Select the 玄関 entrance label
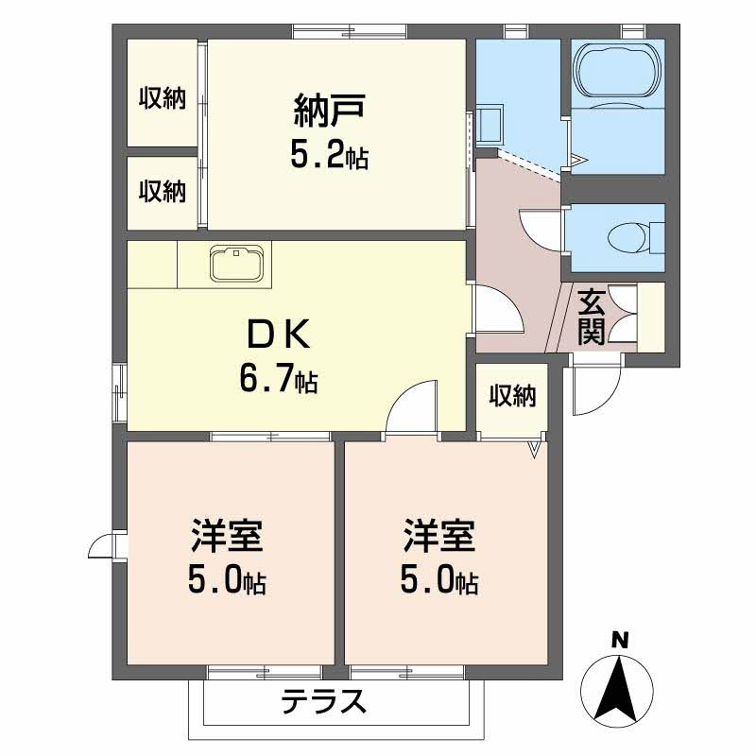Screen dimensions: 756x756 click(592, 317)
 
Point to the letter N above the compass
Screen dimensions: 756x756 click(620, 640)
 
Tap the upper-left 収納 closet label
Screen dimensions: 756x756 click(163, 97)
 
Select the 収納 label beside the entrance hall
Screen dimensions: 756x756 click(511, 397)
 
